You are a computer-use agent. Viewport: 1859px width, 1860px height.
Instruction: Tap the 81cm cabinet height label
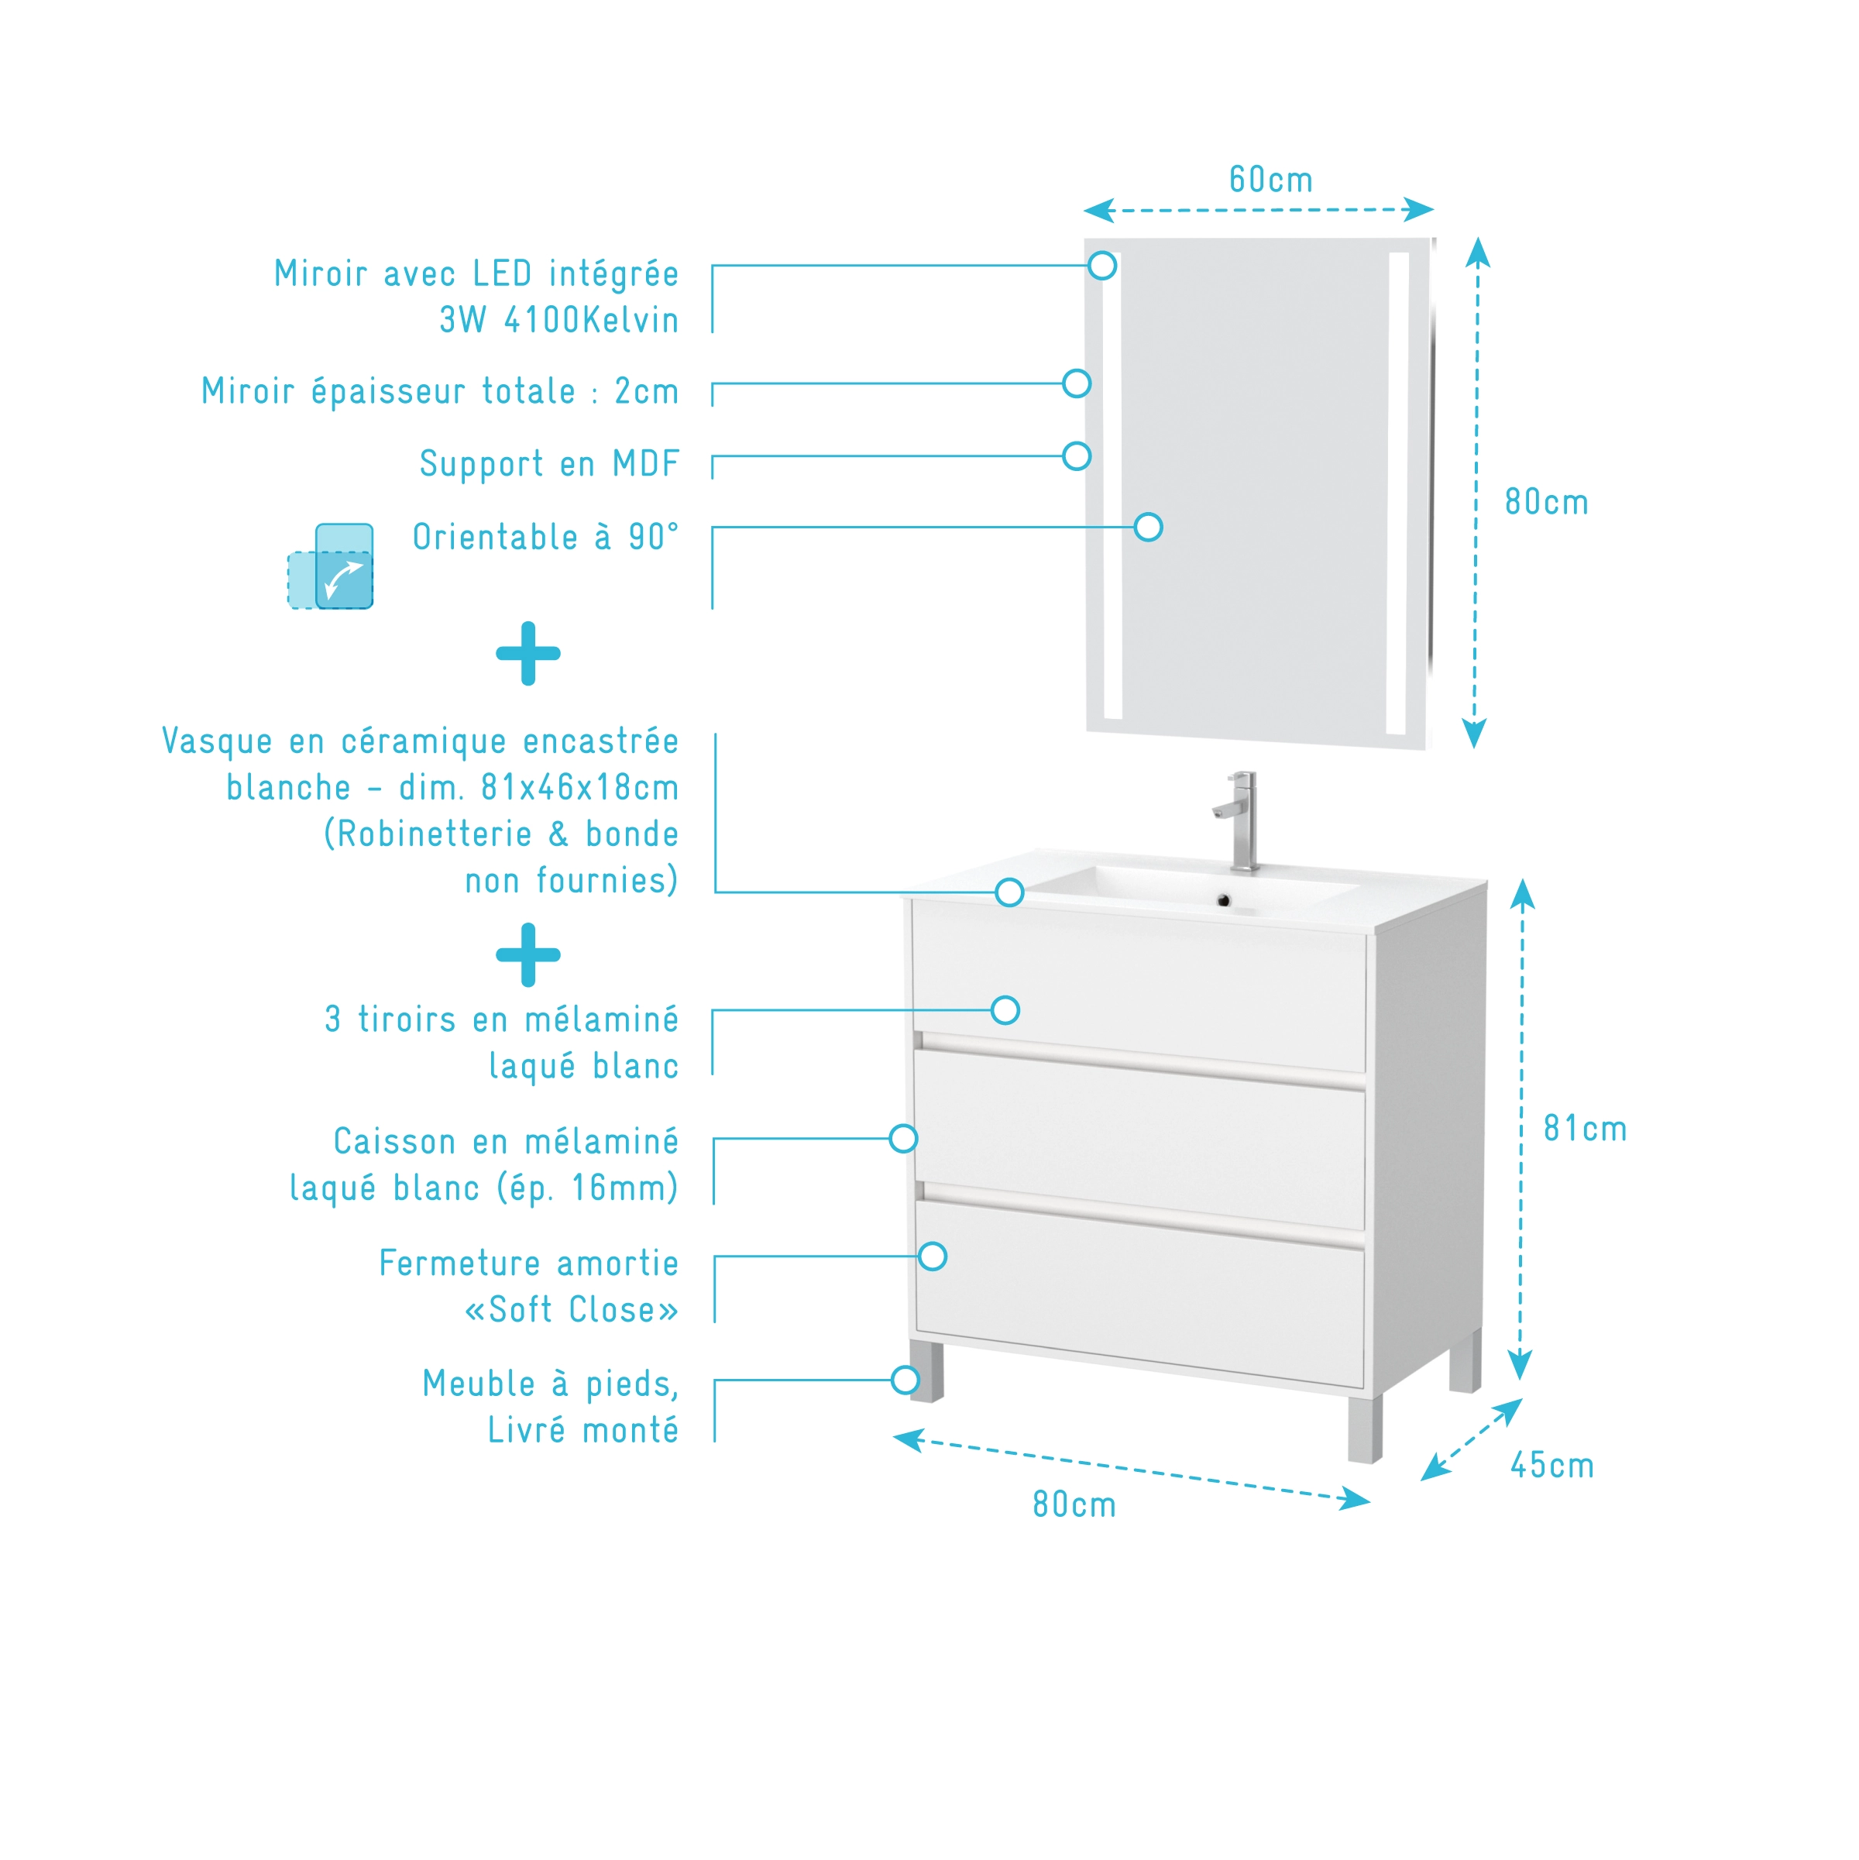point(1585,1129)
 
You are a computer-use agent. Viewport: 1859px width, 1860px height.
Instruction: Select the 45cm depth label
point(1552,1465)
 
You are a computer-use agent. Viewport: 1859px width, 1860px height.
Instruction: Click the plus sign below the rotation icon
point(527,654)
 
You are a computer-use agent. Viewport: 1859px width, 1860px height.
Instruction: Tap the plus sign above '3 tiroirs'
point(527,955)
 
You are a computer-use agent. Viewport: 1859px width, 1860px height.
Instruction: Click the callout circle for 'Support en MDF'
point(1077,456)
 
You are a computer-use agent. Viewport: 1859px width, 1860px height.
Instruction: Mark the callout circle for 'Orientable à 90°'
point(1148,528)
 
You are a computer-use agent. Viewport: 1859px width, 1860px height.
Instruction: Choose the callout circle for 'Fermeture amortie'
point(932,1257)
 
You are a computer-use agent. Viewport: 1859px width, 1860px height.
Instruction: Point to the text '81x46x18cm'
point(579,788)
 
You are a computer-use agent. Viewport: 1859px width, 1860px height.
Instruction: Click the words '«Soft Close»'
point(571,1309)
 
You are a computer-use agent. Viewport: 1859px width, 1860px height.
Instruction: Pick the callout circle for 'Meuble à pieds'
point(905,1380)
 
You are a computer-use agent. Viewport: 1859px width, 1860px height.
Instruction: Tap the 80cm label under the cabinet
point(1074,1504)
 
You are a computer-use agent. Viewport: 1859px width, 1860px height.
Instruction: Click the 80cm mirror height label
point(1546,503)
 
